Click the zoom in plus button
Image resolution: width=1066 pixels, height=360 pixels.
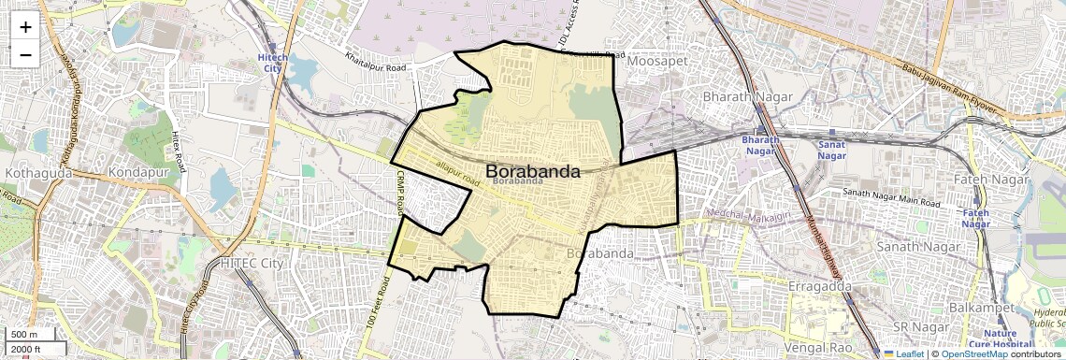point(25,26)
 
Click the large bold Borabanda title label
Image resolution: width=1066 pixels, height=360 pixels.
point(532,171)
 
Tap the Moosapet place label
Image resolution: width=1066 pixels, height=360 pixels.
point(657,61)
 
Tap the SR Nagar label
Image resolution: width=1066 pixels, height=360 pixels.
point(915,326)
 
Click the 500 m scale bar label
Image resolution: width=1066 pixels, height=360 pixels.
point(25,335)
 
